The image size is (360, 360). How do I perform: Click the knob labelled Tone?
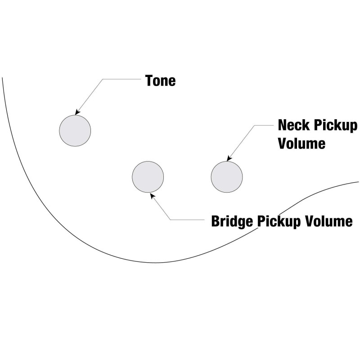tap(75, 130)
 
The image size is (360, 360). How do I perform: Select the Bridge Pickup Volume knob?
tap(148, 177)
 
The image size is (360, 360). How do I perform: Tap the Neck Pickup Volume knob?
tap(227, 177)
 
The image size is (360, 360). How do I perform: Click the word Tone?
tap(160, 81)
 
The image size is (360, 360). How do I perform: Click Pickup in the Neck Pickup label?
tap(335, 126)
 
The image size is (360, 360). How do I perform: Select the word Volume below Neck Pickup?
tap(301, 143)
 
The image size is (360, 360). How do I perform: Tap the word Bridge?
tap(232, 222)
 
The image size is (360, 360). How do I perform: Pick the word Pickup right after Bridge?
tap(279, 222)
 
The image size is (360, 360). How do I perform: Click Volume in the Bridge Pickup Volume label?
tap(328, 221)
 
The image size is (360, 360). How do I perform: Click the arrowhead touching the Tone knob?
tap(77, 112)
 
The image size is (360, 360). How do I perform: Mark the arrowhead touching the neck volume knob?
tap(229, 158)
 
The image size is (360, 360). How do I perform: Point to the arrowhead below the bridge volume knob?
tap(153, 196)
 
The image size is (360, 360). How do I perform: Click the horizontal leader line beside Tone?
tap(121, 79)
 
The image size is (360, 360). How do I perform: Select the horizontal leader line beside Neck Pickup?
tap(264, 126)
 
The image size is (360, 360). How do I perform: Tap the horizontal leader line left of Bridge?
tap(187, 220)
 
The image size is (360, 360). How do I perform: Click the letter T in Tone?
tap(149, 81)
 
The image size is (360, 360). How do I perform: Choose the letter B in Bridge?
tap(216, 221)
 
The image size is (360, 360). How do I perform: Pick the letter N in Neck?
tap(283, 125)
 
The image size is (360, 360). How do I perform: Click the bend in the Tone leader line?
tap(103, 79)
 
